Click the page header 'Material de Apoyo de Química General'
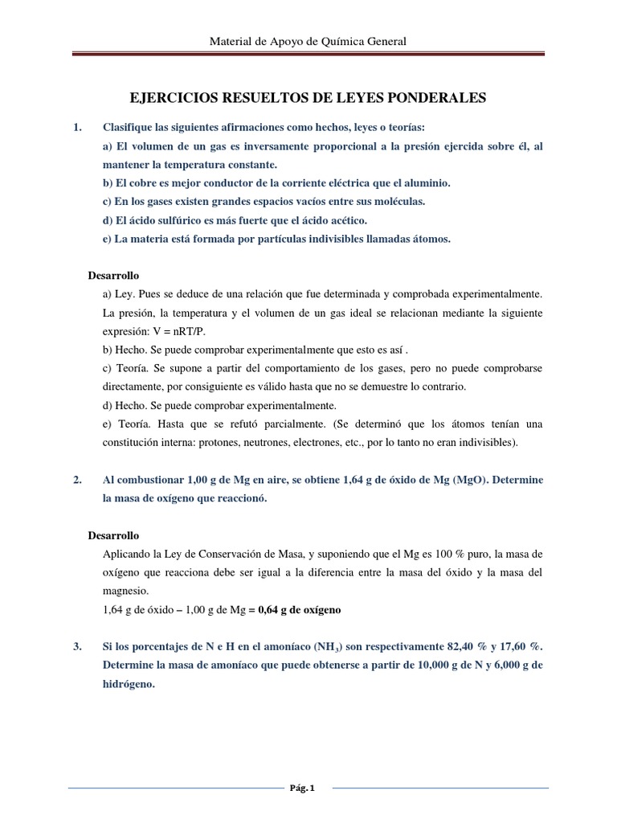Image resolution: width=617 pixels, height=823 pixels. click(308, 41)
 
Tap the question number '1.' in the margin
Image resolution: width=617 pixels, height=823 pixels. click(78, 128)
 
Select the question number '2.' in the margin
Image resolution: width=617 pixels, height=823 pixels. click(78, 480)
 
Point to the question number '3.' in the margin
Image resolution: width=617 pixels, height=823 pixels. click(78, 647)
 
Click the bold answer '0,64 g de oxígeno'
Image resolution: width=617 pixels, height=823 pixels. click(298, 610)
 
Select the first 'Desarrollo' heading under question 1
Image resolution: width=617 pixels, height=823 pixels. click(113, 276)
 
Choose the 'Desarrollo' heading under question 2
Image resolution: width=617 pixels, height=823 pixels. click(113, 535)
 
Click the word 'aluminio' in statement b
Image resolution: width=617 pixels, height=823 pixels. click(423, 183)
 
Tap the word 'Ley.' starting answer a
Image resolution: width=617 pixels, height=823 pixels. click(127, 294)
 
